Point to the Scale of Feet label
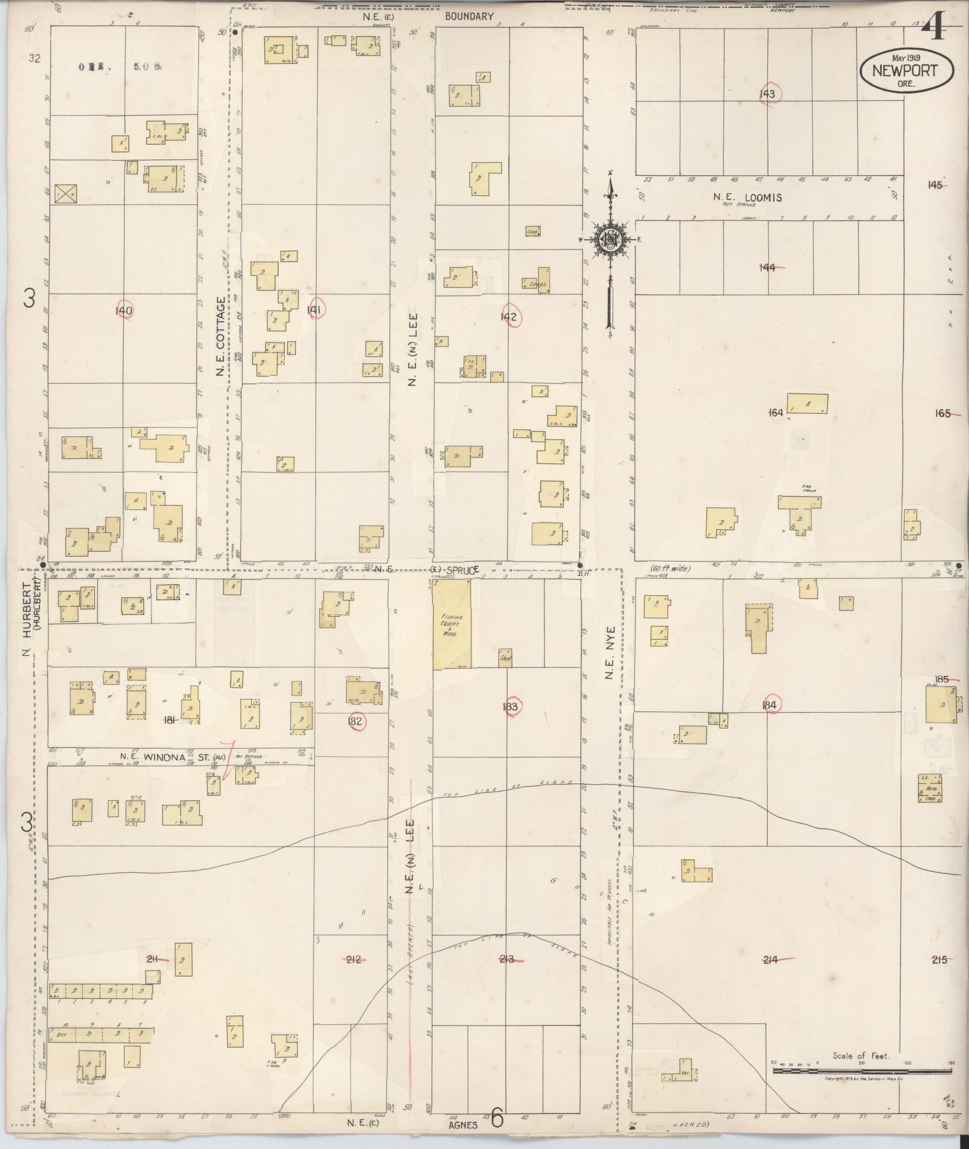pyautogui.click(x=861, y=1055)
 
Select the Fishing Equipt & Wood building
pyautogui.click(x=452, y=624)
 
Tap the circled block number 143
pyautogui.click(x=767, y=94)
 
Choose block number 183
pyautogui.click(x=510, y=707)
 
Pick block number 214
pyautogui.click(x=770, y=960)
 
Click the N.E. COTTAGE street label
pyautogui.click(x=220, y=336)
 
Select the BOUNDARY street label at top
pyautogui.click(x=469, y=17)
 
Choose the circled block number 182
pyautogui.click(x=355, y=721)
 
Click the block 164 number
pyautogui.click(x=776, y=413)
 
